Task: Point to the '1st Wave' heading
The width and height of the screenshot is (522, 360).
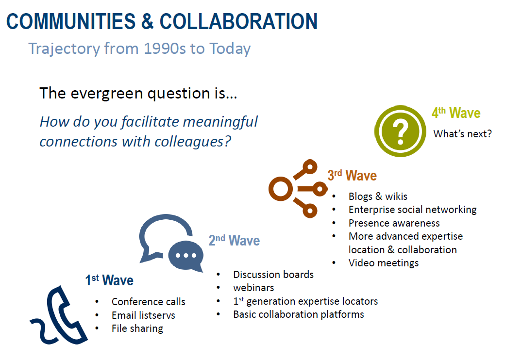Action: click(109, 280)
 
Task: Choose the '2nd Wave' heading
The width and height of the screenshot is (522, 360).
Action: click(234, 240)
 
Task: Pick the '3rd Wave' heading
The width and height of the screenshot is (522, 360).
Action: click(352, 175)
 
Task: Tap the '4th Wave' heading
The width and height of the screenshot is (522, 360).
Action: click(456, 113)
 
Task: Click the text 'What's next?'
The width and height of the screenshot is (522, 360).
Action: click(462, 134)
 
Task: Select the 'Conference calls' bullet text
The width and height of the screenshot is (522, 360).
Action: click(149, 302)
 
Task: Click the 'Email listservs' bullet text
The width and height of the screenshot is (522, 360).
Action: click(143, 315)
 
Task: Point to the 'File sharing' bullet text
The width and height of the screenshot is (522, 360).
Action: click(137, 328)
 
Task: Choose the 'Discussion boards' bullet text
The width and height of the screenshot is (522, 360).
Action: click(273, 275)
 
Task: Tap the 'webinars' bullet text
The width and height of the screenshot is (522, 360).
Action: click(253, 288)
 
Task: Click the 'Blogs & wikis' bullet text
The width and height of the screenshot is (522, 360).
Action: click(378, 196)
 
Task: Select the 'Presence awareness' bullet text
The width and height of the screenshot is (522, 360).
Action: click(394, 223)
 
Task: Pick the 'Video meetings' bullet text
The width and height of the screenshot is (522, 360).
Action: click(384, 263)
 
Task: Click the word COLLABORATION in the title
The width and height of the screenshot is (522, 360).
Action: click(238, 22)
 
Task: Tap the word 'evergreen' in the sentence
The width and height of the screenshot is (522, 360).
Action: click(107, 94)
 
